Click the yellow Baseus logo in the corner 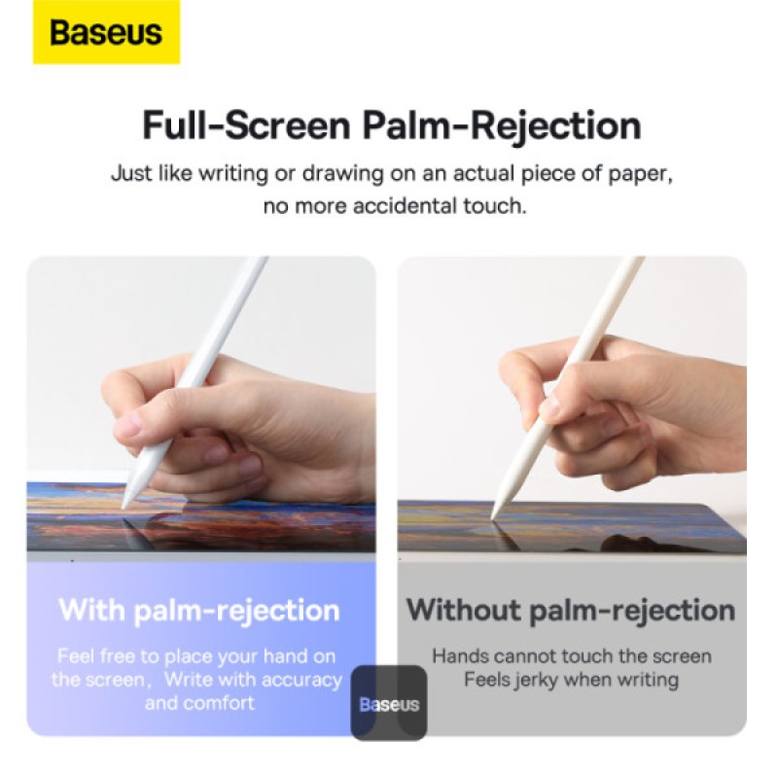point(106,33)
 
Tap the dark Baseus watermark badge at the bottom point(389,703)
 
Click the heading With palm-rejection point(199,611)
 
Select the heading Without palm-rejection point(571,611)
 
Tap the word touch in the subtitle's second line point(498,207)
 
